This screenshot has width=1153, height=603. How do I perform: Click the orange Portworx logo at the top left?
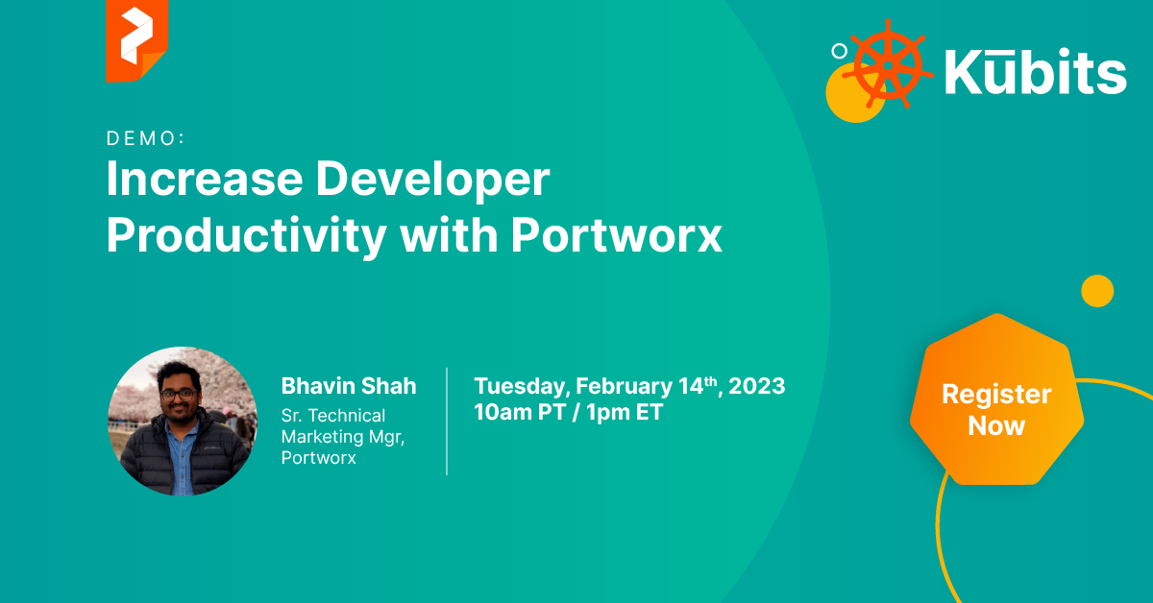[136, 40]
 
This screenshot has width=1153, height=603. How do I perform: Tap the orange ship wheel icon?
[888, 65]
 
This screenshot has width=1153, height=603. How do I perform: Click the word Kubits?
[1035, 71]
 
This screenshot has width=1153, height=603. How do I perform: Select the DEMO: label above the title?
[145, 138]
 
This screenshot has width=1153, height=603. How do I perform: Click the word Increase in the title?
[205, 179]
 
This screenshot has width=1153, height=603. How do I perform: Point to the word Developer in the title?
[432, 181]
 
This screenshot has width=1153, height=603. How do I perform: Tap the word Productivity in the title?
[247, 236]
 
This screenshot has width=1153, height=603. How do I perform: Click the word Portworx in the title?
[617, 235]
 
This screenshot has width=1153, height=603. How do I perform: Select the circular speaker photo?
[183, 421]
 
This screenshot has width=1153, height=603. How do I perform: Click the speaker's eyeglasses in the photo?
[178, 396]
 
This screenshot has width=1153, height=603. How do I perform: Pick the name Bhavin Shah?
[349, 386]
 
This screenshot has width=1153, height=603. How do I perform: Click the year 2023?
[757, 386]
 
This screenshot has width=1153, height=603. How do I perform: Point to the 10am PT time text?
[520, 412]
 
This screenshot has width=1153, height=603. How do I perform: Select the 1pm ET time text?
[625, 413]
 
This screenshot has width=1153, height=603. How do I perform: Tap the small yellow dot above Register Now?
[1097, 291]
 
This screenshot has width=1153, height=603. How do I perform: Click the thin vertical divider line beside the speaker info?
[447, 422]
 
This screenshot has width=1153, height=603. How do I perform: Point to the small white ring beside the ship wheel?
[840, 51]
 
